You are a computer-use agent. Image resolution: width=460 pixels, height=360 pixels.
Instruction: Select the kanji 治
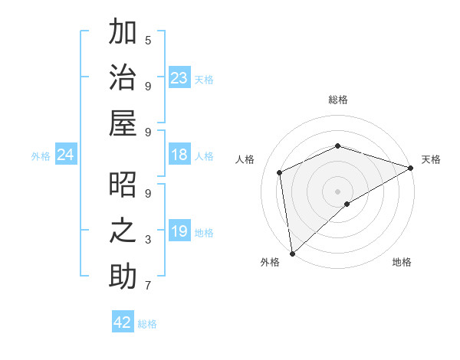coord(123,78)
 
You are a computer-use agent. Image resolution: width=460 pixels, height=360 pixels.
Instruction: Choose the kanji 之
coord(123,231)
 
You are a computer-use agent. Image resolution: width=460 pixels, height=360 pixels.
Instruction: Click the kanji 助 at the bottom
coord(123,277)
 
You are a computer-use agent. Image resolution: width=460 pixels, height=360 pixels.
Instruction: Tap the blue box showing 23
coord(179,78)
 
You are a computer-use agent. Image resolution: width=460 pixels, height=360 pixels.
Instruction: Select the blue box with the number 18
coord(179,155)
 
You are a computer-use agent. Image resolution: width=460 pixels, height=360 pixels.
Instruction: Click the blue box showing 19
coord(179,231)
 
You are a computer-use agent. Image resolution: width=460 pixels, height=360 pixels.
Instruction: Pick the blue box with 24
coord(66,155)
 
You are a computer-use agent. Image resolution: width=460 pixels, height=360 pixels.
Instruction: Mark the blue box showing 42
coord(123,322)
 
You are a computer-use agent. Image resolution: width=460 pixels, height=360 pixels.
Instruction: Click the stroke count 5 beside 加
coord(148,40)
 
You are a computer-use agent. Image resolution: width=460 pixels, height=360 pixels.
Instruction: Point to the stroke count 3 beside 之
coord(148,240)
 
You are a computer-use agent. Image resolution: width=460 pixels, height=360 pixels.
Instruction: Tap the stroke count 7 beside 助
coord(148,286)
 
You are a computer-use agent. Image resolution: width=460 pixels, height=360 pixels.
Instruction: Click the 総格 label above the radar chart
coord(338,100)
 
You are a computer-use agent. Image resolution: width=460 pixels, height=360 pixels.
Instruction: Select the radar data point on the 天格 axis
coord(411,168)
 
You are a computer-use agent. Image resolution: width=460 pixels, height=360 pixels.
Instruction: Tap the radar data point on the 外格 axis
coord(292,253)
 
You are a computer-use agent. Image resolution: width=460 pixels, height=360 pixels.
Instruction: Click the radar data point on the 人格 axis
coord(280,172)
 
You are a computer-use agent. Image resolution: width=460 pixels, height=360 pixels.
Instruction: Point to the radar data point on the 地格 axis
coord(347,204)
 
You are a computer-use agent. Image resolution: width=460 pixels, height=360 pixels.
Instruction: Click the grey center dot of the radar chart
coord(338,191)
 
